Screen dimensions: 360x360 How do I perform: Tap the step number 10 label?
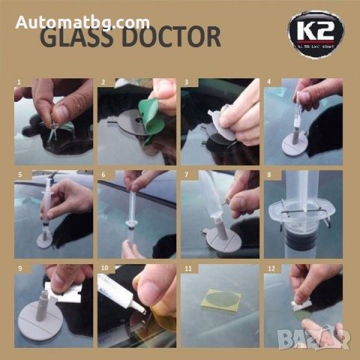click(103, 267)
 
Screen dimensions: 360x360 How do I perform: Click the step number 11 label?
click(185, 267)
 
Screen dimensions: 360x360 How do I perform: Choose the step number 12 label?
click(268, 267)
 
